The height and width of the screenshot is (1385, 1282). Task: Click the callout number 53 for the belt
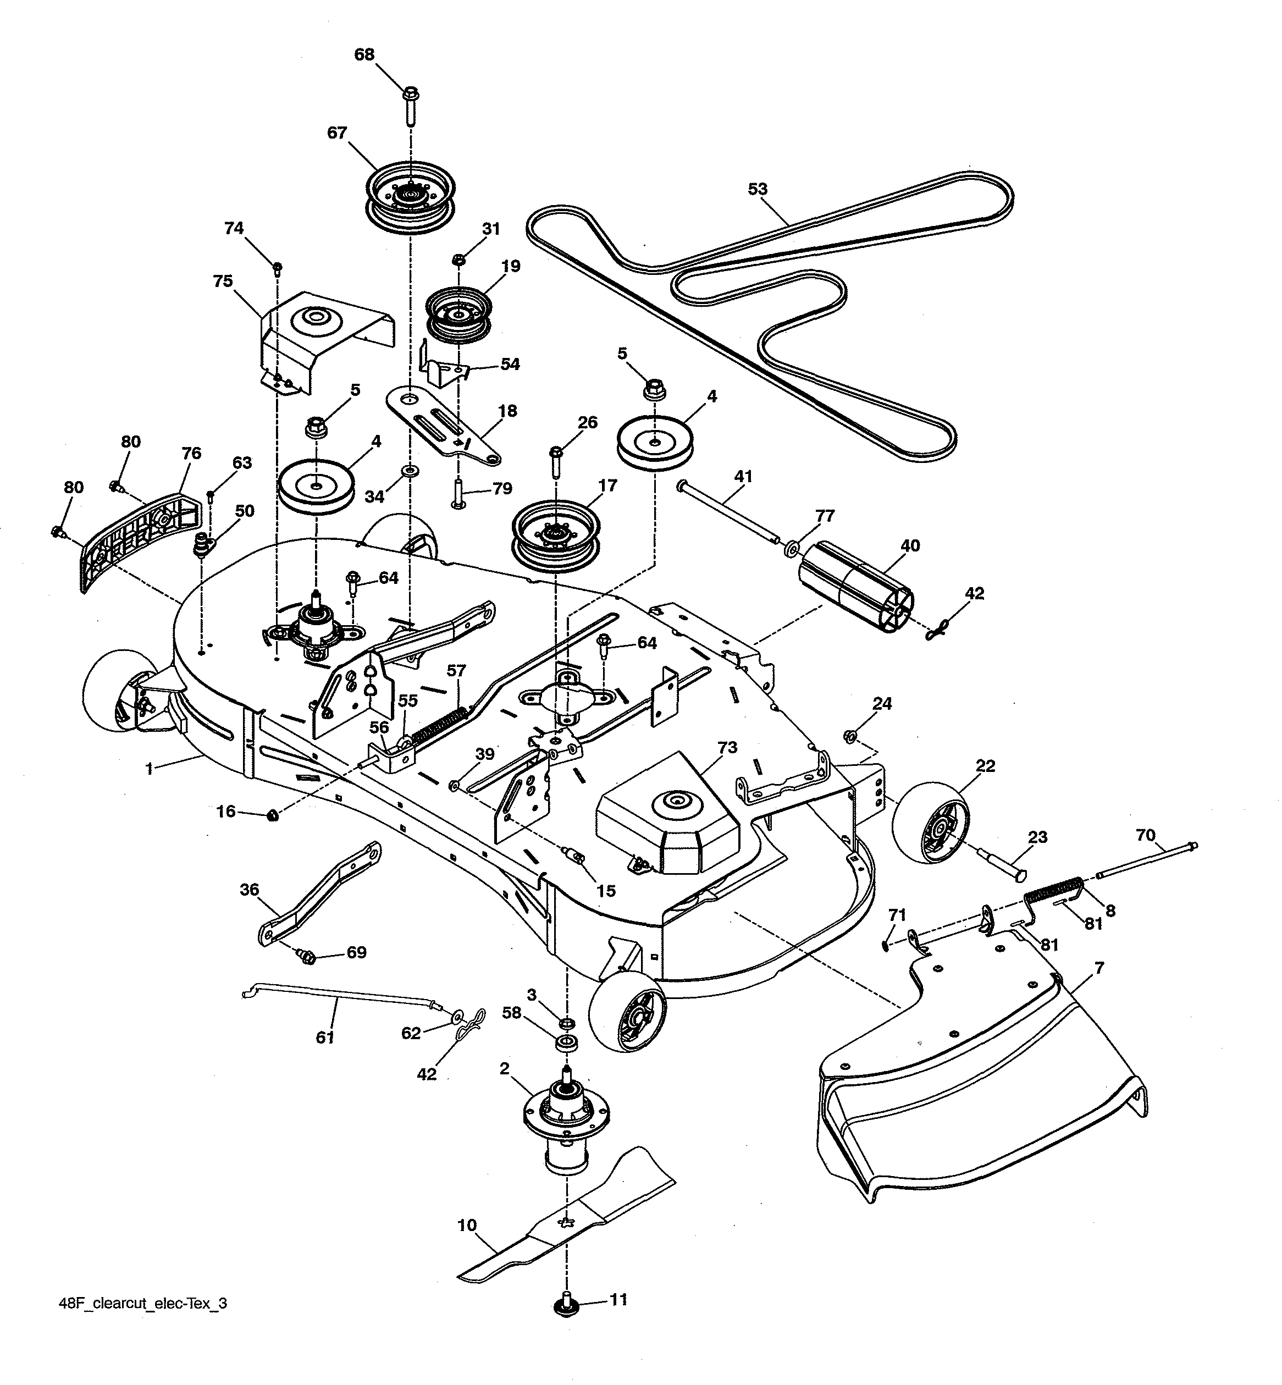click(758, 189)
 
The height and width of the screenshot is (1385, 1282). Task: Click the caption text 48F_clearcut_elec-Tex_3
click(143, 1303)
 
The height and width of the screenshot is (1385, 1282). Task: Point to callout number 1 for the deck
click(148, 769)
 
